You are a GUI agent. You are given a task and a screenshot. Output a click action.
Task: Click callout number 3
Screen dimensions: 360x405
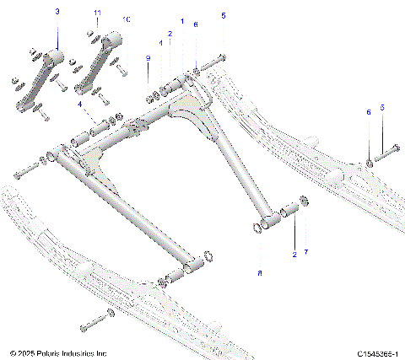point(57,11)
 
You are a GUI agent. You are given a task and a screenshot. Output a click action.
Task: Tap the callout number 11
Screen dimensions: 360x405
point(97,12)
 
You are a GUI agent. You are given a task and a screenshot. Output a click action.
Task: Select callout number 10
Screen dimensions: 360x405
point(127,19)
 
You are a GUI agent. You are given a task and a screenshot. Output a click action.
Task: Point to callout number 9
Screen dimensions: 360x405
point(148,57)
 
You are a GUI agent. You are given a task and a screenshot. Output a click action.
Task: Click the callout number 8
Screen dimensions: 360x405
point(260,273)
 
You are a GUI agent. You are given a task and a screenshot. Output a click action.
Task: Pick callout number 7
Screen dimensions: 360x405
point(306,252)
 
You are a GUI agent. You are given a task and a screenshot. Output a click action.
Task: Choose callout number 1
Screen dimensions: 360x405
point(181,19)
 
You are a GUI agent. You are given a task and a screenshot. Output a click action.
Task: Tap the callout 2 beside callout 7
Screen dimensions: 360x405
point(293,252)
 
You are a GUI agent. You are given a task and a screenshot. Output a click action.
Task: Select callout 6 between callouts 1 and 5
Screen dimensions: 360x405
point(196,25)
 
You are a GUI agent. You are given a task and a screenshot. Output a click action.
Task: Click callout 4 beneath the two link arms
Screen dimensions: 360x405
point(79,105)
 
